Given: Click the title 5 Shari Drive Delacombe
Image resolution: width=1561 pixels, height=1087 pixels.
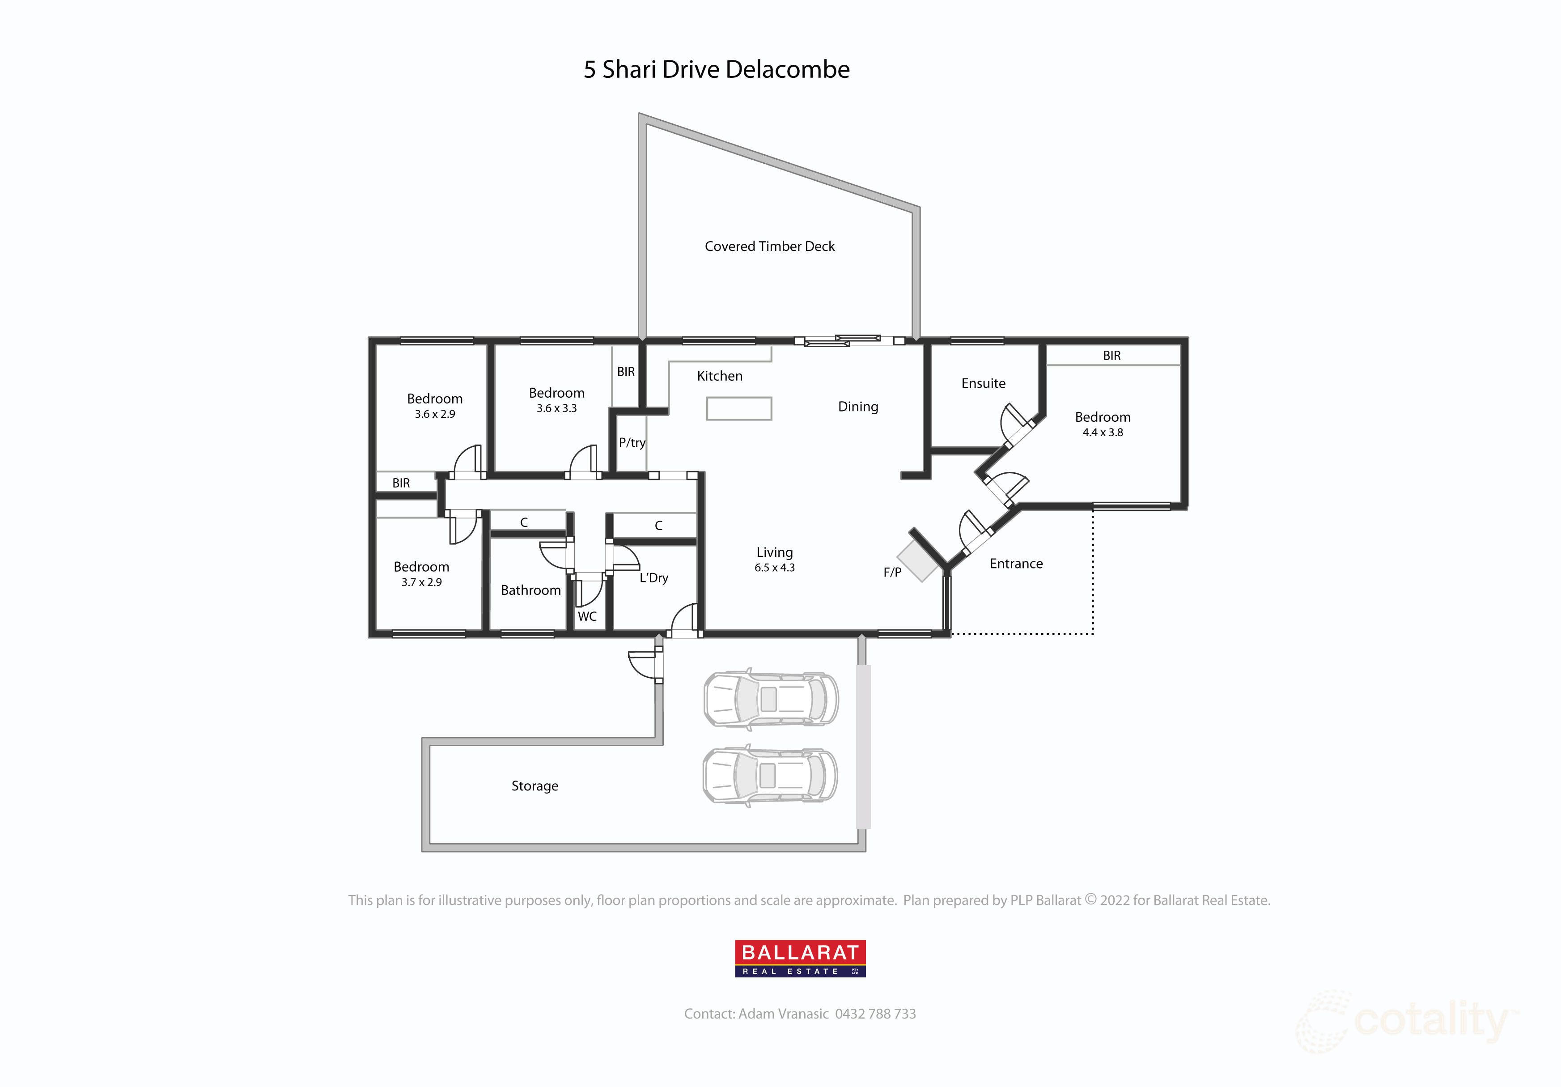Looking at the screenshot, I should (717, 69).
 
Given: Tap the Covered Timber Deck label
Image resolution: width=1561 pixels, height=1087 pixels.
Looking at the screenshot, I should (770, 246).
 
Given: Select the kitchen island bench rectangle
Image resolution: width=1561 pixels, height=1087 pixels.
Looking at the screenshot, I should (739, 408).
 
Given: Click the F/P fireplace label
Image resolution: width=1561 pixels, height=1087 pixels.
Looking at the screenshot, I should (892, 573).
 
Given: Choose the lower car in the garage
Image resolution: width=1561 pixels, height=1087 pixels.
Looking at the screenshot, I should (770, 776).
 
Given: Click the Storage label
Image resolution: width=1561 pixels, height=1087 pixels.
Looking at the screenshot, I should (534, 786).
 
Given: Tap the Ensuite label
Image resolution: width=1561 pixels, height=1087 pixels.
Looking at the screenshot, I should (983, 383).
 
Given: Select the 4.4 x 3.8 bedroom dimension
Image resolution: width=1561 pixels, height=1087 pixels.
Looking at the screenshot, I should (1103, 433).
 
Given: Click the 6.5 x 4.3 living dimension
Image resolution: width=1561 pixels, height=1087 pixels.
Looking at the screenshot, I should (774, 568).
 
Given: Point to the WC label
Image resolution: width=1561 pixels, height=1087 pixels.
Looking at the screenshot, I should (587, 616).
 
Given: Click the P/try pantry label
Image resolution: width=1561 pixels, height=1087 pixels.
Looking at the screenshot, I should (632, 442).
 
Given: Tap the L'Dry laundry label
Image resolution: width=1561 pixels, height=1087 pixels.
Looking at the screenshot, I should (653, 578).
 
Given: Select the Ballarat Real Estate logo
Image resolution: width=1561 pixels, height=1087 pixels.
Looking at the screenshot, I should (800, 959).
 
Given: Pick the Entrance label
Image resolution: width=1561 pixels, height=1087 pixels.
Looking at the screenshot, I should (1016, 564).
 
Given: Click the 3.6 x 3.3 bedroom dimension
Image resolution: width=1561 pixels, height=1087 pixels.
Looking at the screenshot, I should (556, 408).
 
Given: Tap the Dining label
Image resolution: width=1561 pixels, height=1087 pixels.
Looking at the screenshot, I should (858, 407).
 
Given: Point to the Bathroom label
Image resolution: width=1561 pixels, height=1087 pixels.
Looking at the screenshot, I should (530, 590).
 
